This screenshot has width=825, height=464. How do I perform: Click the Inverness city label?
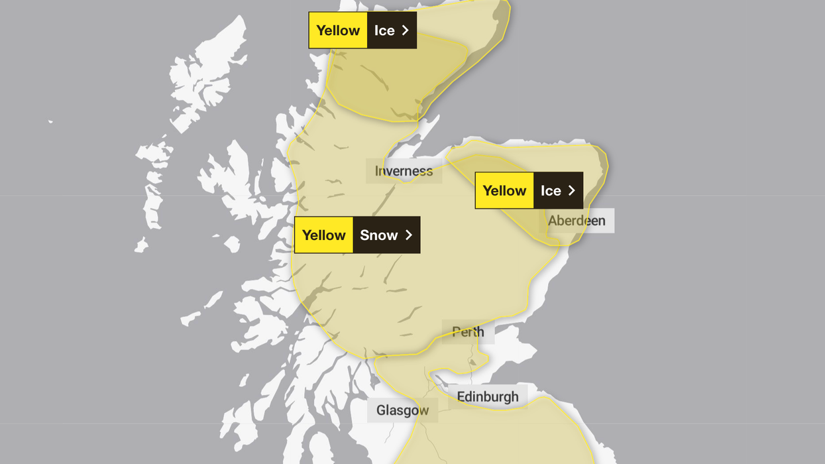point(404,171)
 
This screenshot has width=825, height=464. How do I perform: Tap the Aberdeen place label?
point(577,221)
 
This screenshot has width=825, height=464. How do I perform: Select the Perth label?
point(468,331)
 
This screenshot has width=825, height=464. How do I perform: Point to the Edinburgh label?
point(488,396)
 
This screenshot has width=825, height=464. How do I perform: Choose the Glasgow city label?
point(402,410)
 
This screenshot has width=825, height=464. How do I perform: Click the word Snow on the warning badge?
point(379,235)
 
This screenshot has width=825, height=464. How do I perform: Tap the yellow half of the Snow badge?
point(324,235)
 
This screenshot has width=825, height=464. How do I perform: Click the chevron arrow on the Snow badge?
point(409,235)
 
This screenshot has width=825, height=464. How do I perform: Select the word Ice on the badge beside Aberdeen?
point(551,191)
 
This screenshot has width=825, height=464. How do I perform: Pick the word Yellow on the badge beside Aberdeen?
point(504,191)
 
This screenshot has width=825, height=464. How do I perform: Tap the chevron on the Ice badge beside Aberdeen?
point(572,191)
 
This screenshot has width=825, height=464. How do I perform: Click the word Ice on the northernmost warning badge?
point(384,30)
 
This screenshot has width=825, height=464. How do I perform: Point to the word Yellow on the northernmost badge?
point(338,30)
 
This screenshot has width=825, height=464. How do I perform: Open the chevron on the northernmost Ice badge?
point(406,30)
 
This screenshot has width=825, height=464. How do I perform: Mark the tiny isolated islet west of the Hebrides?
point(50,121)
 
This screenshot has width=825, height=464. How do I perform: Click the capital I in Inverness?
point(377,171)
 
